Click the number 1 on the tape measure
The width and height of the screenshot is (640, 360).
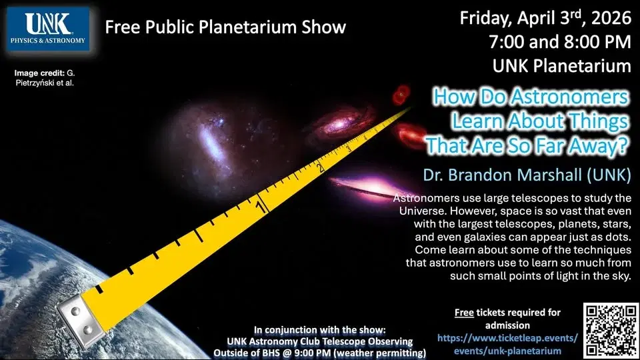coord(261,207)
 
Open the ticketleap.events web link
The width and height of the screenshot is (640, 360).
coord(507,338)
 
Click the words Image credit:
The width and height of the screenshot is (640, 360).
coord(39,71)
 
